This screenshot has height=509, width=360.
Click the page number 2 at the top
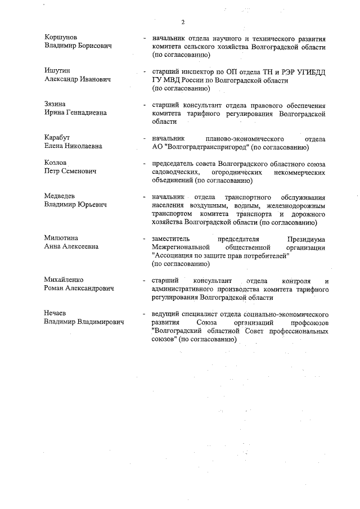183,22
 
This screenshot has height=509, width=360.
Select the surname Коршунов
61,38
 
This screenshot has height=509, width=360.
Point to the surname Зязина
57,103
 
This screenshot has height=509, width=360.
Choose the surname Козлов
56,163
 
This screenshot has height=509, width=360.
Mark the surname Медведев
60,196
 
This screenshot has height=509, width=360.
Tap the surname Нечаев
57,313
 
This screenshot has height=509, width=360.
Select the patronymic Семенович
78,172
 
